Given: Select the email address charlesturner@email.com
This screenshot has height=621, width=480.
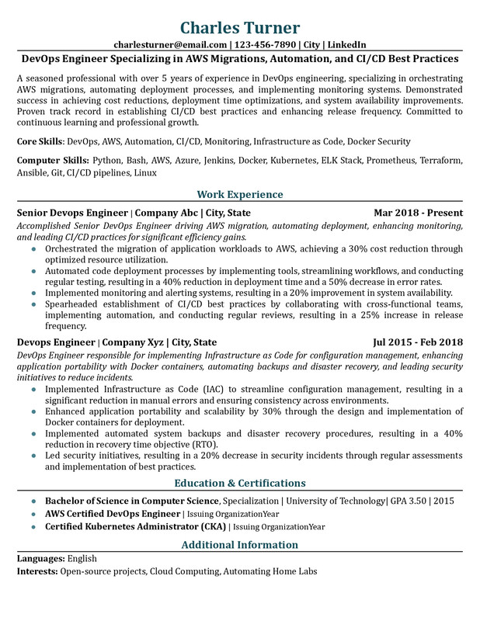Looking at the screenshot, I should (171, 44).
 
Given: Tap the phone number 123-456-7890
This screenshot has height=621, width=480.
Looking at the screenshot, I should (263, 44).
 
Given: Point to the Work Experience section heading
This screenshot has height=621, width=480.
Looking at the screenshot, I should (239, 194).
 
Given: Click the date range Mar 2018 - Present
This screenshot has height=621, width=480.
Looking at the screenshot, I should (418, 213).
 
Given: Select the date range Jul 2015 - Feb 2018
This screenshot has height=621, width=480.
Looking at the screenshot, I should (418, 342).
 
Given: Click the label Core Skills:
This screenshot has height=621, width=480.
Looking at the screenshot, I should (40, 142).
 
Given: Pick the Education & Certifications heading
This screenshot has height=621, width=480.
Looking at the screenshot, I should (239, 483).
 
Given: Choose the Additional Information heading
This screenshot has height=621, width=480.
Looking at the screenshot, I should (239, 545).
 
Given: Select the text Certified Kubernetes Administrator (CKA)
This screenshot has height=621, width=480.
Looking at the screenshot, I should (135, 526).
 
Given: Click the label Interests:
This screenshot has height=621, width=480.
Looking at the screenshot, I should (38, 572).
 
